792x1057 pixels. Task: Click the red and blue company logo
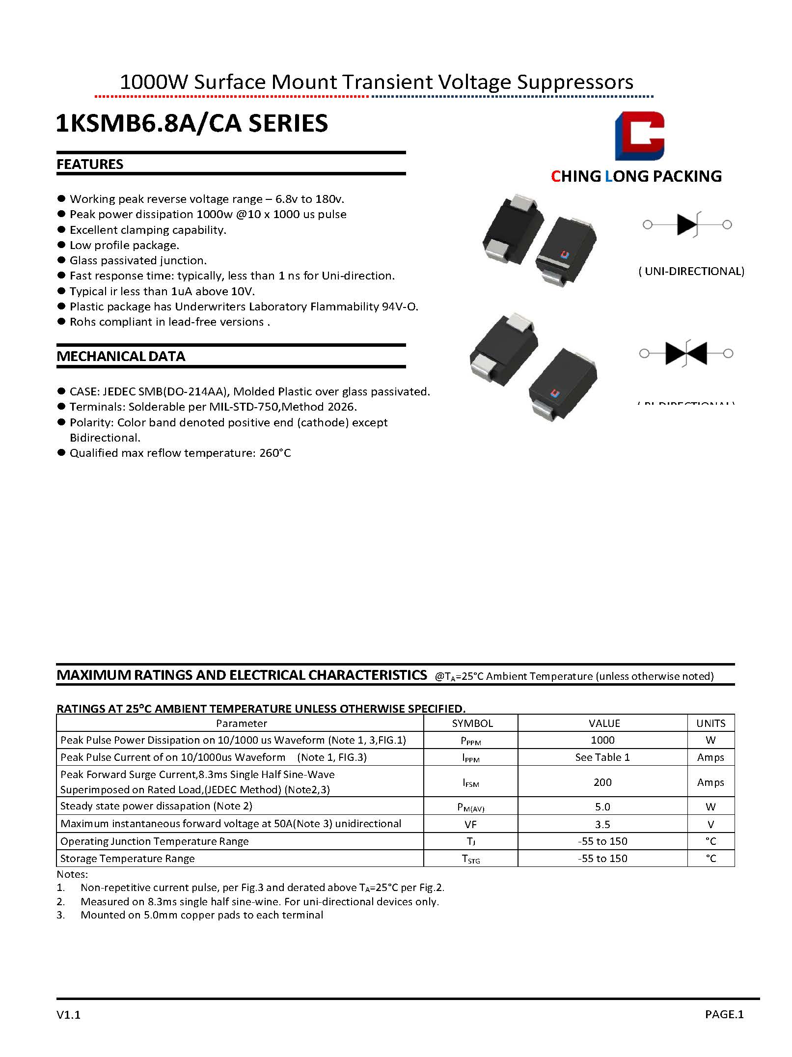(x=639, y=136)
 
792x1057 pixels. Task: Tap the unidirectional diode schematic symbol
(x=687, y=225)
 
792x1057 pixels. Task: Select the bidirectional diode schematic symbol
(x=686, y=353)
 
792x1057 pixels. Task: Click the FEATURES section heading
(x=90, y=165)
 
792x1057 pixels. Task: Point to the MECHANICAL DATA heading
(x=121, y=357)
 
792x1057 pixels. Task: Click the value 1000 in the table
(x=602, y=740)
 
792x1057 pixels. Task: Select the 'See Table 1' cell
(x=602, y=757)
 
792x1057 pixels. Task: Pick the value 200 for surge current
(x=602, y=782)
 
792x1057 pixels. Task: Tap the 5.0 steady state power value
(x=602, y=807)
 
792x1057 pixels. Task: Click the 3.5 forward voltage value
(x=602, y=824)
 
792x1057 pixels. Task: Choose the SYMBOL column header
(x=472, y=723)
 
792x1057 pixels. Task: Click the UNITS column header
(x=710, y=723)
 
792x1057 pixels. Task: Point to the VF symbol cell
(x=470, y=825)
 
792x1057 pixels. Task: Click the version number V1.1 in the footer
(x=68, y=1015)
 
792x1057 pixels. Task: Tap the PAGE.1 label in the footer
(x=724, y=1014)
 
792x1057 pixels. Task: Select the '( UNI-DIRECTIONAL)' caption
(x=691, y=271)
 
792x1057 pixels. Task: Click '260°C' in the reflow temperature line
(x=275, y=453)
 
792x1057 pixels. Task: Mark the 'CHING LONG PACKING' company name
(x=636, y=176)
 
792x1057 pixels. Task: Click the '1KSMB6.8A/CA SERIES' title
(x=192, y=123)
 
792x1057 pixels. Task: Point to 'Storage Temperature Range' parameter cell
(x=128, y=859)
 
